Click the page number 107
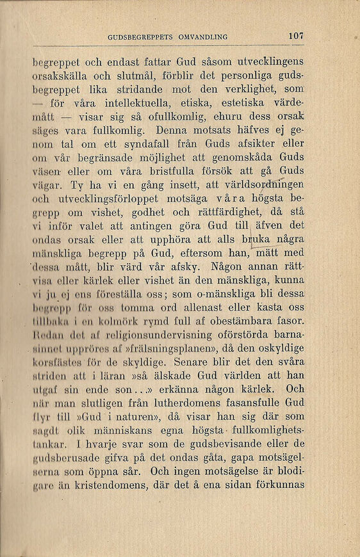pos(295,36)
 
